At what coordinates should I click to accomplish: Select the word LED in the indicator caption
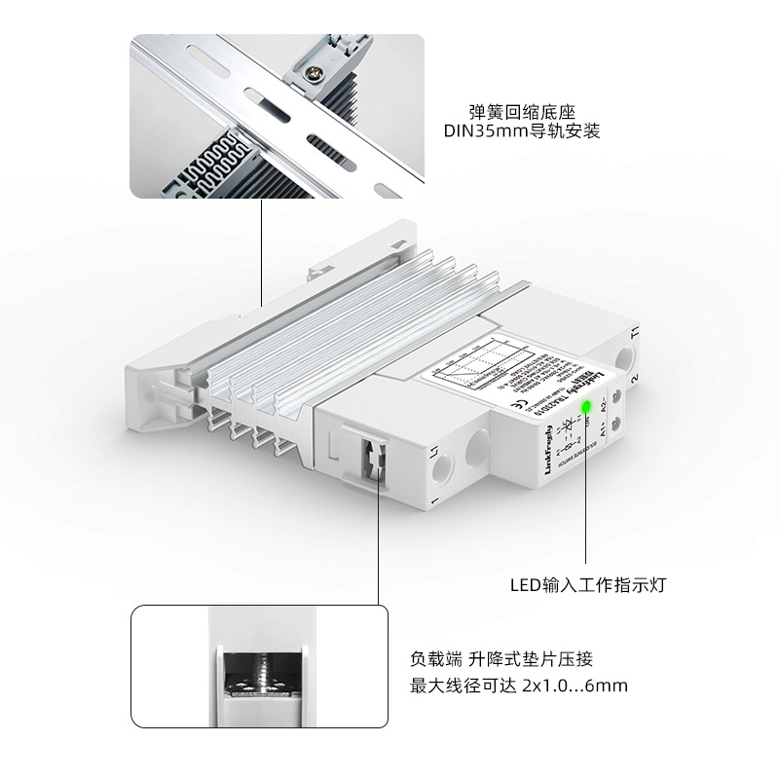point(526,586)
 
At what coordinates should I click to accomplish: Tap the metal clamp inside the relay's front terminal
point(372,457)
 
